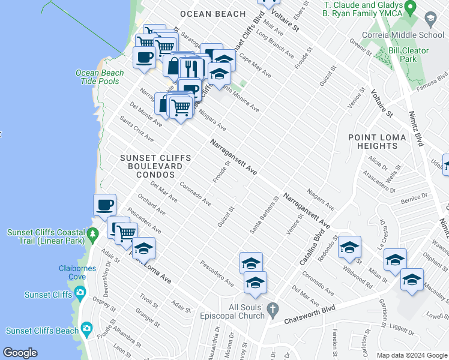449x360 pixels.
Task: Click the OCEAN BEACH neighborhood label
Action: [212, 14]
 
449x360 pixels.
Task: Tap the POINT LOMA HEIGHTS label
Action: [381, 142]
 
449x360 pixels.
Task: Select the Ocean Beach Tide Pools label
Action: [100, 77]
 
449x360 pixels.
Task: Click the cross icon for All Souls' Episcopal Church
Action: [273, 310]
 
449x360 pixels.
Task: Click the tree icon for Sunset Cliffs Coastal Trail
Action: [92, 232]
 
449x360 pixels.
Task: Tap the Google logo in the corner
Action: [20, 353]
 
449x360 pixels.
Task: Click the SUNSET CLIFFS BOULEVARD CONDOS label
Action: [155, 166]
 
